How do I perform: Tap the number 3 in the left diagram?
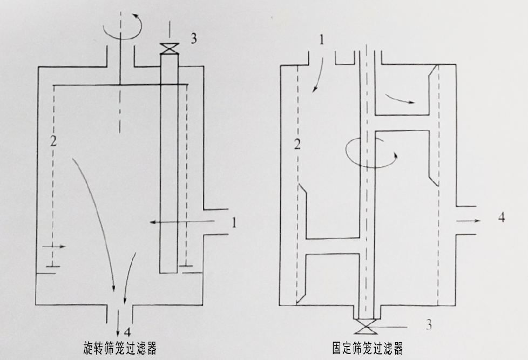click(x=193, y=38)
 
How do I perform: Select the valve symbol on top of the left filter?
click(x=170, y=47)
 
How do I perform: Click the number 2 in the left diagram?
click(x=52, y=142)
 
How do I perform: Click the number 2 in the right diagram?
click(x=296, y=144)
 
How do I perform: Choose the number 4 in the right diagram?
click(x=501, y=218)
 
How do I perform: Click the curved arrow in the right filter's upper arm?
click(x=400, y=98)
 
